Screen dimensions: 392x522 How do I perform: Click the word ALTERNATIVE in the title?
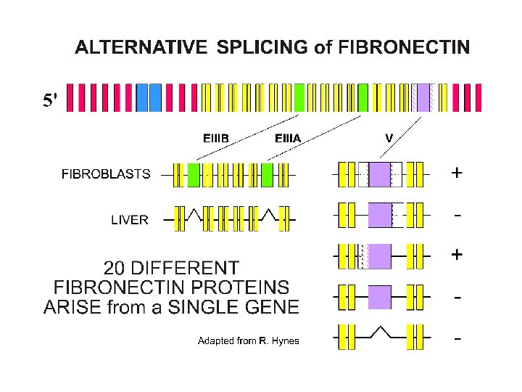[x=137, y=48]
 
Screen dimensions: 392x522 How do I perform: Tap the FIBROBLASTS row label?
[x=106, y=174]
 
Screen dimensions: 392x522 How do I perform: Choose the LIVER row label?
[x=129, y=220]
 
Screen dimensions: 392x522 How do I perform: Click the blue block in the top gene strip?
[x=148, y=97]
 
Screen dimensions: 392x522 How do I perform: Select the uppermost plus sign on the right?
[x=457, y=173]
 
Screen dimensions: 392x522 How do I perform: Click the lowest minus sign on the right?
[x=457, y=338]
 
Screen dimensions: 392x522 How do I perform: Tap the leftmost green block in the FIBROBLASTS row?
[x=193, y=174]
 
